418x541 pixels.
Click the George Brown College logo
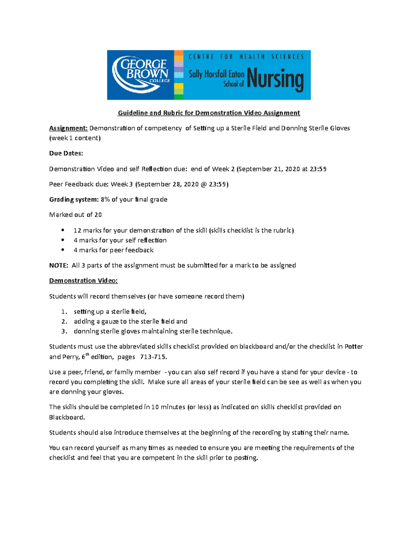141,74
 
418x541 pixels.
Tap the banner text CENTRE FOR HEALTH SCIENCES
246,57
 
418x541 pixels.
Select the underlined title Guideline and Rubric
209,113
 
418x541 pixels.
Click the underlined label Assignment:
68,128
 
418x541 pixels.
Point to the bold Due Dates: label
66,153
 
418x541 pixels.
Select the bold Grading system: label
74,200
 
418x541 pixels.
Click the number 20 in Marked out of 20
98,215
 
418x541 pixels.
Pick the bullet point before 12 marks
63,230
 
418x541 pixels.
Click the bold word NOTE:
59,265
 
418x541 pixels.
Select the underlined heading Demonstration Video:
83,281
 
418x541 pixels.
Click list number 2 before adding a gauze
64,322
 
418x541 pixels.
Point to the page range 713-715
153,357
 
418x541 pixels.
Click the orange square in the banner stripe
179,53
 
